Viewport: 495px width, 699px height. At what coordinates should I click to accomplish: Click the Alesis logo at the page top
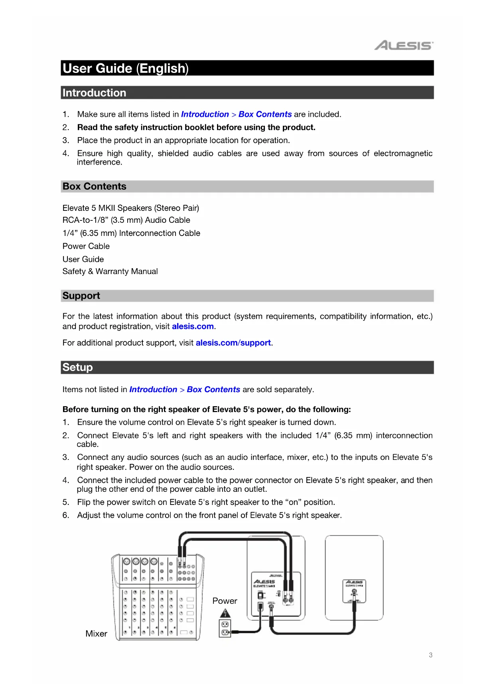coord(403,45)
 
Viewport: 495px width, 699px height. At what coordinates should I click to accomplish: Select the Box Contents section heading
coord(95,187)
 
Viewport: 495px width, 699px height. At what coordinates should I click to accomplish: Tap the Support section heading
coord(81,296)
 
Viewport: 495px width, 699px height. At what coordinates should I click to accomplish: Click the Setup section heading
coord(78,367)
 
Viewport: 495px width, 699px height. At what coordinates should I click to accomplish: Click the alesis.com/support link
coord(233,343)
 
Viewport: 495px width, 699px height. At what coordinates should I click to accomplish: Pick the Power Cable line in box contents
coord(86,246)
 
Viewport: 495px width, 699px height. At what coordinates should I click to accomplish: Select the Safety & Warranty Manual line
coord(110,271)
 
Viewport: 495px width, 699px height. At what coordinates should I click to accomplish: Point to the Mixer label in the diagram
coord(96,634)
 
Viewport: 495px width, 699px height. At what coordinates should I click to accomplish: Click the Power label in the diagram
coord(225,601)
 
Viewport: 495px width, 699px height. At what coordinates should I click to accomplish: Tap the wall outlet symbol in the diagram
coord(225,628)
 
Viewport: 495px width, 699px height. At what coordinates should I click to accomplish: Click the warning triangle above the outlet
coord(225,613)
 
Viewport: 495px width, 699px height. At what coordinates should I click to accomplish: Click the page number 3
coord(430,655)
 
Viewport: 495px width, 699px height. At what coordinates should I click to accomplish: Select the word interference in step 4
coord(99,162)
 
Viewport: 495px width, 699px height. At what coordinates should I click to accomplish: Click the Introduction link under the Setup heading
coord(153,390)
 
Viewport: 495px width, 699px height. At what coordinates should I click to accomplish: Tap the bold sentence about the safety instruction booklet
coord(196,128)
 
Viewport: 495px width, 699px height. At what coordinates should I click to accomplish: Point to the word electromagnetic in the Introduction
coord(403,153)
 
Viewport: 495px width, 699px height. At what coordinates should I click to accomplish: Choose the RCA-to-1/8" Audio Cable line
coord(126,220)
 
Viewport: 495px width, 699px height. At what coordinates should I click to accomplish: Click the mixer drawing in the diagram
coord(158,597)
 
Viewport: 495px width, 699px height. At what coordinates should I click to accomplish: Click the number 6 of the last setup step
coord(65,515)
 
